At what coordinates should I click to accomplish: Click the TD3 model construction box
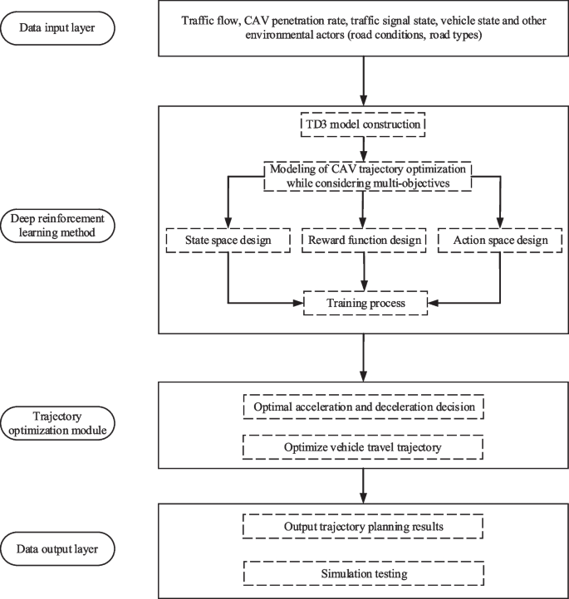coord(362,126)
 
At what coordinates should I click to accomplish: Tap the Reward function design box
coord(362,241)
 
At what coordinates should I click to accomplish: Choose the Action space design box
coord(501,241)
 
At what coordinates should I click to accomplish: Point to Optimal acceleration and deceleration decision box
coord(362,407)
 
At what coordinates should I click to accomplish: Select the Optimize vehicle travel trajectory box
coord(362,448)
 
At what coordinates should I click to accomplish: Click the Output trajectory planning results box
coord(362,525)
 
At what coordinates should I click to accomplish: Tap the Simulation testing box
coord(362,573)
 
